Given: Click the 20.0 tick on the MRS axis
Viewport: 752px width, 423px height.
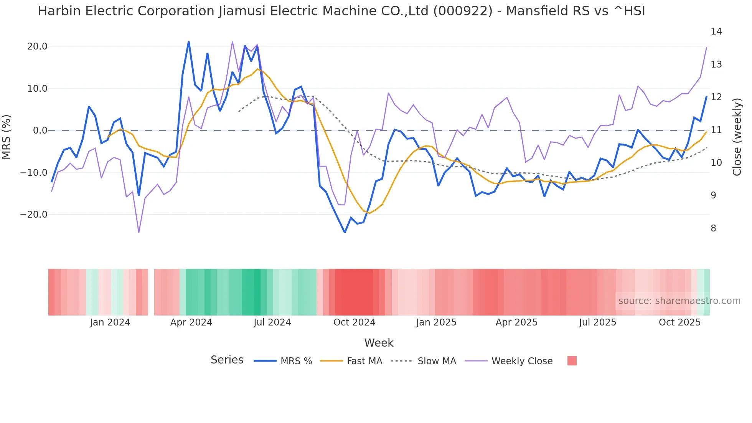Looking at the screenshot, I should (x=37, y=46).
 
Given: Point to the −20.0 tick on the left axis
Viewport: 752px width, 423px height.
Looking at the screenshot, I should (x=34, y=215).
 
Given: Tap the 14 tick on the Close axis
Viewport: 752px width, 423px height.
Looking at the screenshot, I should (x=716, y=31).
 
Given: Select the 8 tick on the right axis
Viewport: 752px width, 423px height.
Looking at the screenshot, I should (x=713, y=228).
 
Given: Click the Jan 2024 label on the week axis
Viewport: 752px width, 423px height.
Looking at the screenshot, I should (x=110, y=322).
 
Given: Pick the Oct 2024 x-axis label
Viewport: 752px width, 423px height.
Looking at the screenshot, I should (x=354, y=322).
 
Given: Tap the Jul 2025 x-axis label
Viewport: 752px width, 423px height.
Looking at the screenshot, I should (x=597, y=322).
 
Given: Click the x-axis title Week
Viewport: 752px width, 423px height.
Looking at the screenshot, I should (x=379, y=343).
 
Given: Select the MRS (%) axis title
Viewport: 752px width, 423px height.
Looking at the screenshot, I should (x=7, y=137).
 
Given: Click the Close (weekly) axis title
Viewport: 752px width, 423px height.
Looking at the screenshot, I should (x=737, y=137).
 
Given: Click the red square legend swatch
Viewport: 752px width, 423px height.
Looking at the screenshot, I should (x=572, y=361).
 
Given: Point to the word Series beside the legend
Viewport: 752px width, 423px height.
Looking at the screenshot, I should (x=227, y=360).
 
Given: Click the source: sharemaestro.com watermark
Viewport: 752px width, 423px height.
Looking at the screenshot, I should (x=679, y=301).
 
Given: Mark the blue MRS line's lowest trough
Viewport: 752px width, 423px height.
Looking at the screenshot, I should (x=345, y=232).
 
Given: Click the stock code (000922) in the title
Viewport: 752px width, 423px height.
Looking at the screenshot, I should (x=463, y=11).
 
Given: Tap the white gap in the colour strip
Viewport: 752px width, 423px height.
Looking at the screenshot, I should (x=151, y=292).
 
